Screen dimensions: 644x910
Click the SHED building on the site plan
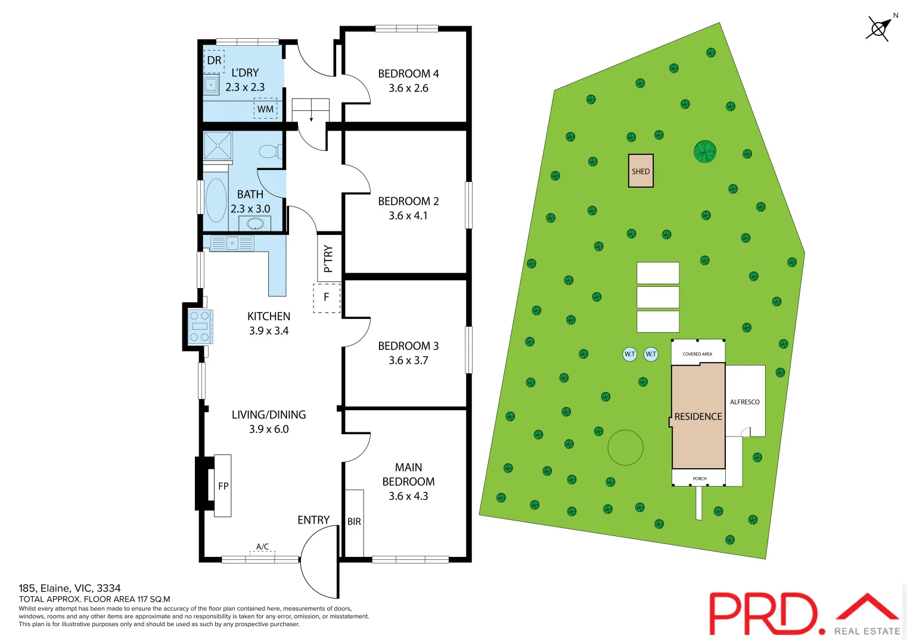(641, 171)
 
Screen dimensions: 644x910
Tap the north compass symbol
(878, 28)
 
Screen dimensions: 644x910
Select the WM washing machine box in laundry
(266, 109)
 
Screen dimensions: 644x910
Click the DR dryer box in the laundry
(214, 61)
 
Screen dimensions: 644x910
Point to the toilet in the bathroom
(269, 151)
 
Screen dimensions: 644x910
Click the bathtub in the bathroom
(216, 200)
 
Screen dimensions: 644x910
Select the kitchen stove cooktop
(200, 326)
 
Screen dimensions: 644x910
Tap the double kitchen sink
(232, 243)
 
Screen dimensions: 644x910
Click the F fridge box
(327, 298)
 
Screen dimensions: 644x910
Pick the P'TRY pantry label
(328, 259)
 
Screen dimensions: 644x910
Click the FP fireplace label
(223, 486)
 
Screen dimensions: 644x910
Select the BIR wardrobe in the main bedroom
(354, 522)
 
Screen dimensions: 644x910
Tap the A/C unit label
(262, 547)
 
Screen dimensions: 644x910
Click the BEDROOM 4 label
(408, 74)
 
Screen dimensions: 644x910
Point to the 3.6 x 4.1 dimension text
(408, 216)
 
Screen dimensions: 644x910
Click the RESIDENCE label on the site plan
(698, 417)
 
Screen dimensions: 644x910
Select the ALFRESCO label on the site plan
(744, 402)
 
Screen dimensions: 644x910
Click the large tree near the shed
(704, 151)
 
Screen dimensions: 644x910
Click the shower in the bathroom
(218, 145)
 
